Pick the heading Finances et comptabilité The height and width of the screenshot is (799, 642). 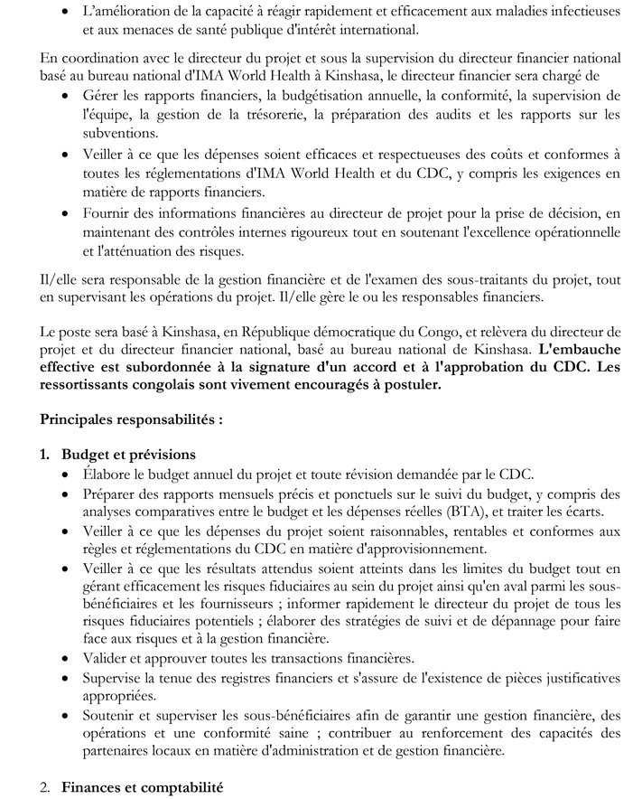tap(142, 788)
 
